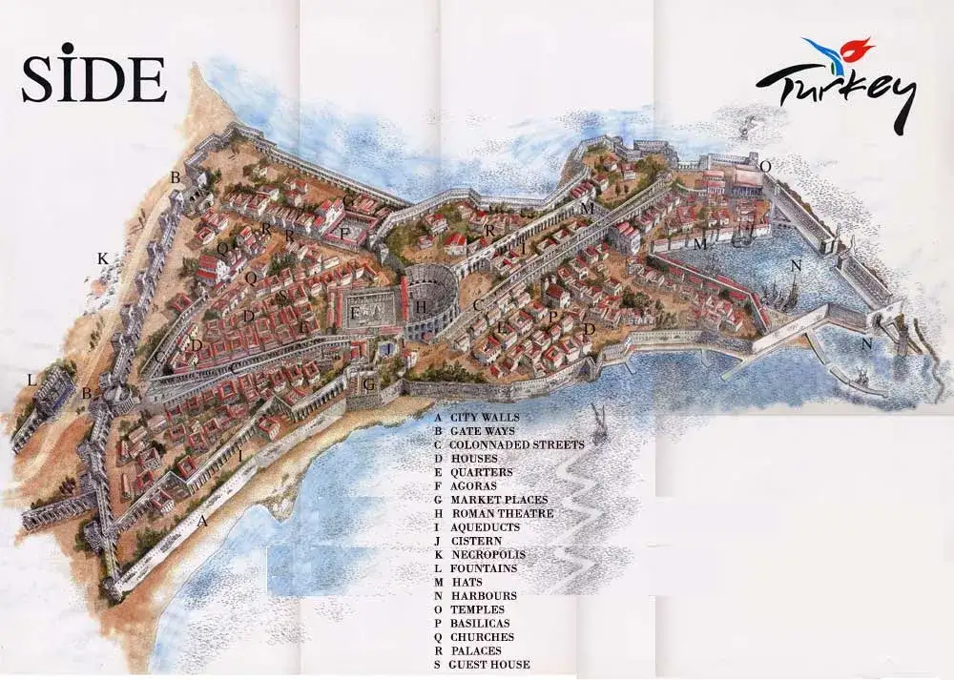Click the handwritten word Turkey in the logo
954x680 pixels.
pyautogui.click(x=835, y=93)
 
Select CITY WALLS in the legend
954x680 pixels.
pyautogui.click(x=483, y=417)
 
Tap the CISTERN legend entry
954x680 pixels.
pyautogui.click(x=476, y=541)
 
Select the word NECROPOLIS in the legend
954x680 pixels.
pyautogui.click(x=487, y=554)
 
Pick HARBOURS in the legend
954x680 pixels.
pyautogui.click(x=484, y=596)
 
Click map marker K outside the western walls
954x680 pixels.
pyautogui.click(x=102, y=258)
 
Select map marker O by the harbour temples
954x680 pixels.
pyautogui.click(x=765, y=166)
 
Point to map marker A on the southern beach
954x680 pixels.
pyautogui.click(x=201, y=521)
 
